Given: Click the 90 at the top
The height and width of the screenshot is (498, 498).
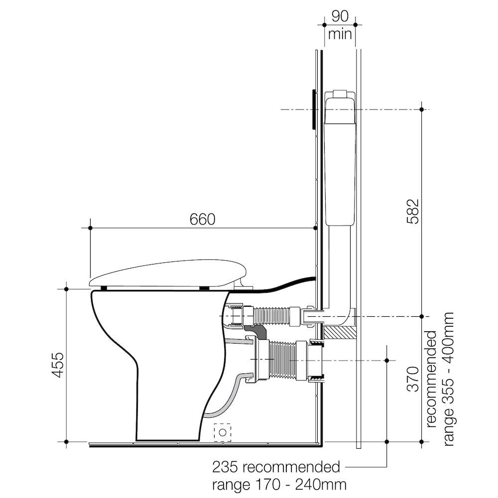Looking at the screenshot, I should tap(340, 15).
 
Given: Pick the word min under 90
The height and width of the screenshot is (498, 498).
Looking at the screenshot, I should tap(340, 34).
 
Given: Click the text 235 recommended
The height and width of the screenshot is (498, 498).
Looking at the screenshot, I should tap(276, 468).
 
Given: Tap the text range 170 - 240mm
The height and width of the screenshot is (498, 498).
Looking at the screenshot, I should tap(279, 484).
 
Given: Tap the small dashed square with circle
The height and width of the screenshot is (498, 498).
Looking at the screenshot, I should tap(223, 432).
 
